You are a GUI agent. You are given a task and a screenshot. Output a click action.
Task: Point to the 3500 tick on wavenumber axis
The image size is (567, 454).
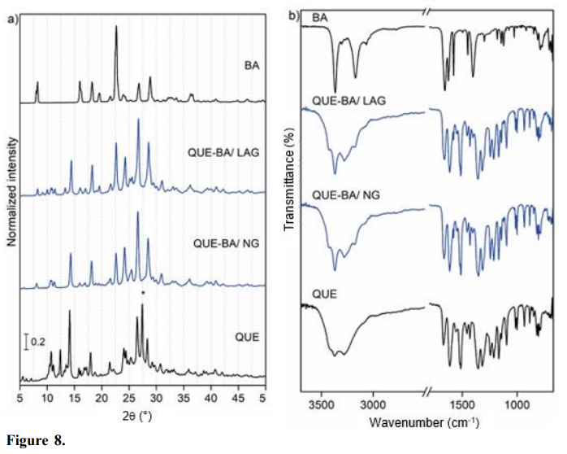point(322,403)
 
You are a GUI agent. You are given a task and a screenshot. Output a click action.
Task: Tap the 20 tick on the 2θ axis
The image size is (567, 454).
point(102,399)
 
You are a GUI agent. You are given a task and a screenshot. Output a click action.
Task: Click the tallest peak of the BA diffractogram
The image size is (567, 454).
point(116,28)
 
